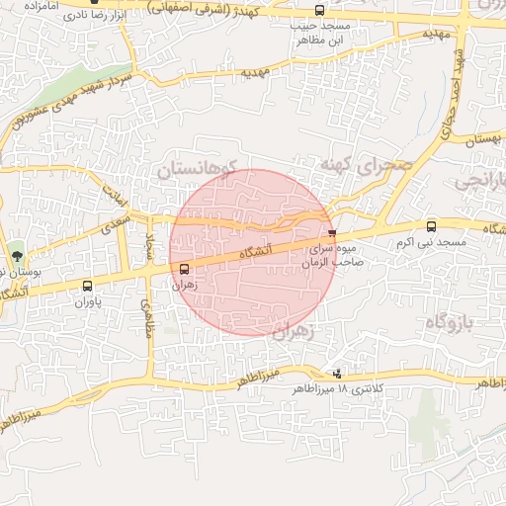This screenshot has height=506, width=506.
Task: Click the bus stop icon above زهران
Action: (x=184, y=269)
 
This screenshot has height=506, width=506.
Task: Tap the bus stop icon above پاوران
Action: (x=87, y=286)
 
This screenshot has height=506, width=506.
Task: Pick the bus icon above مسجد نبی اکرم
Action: (x=430, y=227)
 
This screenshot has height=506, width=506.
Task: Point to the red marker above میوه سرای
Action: (x=331, y=234)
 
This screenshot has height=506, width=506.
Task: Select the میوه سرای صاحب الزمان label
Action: (x=334, y=257)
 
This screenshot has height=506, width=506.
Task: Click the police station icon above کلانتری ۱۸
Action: (x=338, y=374)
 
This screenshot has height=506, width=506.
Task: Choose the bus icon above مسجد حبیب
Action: (x=318, y=13)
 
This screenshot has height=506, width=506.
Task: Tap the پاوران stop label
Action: (x=87, y=301)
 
